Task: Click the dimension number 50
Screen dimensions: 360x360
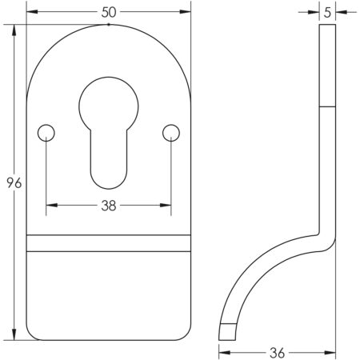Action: tap(109, 12)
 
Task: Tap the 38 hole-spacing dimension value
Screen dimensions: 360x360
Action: tap(109, 206)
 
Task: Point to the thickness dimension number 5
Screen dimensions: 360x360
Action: tap(328, 12)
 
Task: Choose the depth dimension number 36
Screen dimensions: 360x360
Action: tap(276, 352)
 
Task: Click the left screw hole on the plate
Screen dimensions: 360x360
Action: tap(47, 131)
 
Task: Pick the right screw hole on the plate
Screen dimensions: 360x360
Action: tap(170, 131)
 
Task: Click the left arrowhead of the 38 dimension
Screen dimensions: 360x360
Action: tap(50, 206)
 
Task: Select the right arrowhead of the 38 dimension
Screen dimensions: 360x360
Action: tap(167, 206)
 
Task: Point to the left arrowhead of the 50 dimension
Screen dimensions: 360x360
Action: tap(31, 12)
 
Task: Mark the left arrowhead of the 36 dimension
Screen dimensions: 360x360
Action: tap(222, 352)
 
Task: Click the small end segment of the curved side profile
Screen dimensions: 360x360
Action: tap(228, 330)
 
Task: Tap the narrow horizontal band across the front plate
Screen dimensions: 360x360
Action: tap(109, 243)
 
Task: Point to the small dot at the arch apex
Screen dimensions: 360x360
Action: tap(109, 25)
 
